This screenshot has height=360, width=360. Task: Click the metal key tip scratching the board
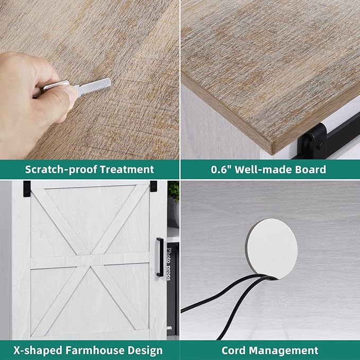coord(108,82)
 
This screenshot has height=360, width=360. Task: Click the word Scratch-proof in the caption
coord(61,170)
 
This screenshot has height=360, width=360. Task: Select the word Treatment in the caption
coord(127,170)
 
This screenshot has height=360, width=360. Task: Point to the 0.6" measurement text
coord(221,170)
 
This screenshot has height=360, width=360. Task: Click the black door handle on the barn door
coord(160,257)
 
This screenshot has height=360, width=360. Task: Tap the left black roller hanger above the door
coord(27,189)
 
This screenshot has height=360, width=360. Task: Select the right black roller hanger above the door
coord(153,186)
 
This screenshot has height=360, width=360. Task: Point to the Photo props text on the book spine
coord(169,264)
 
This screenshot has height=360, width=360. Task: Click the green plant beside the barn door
coord(173,191)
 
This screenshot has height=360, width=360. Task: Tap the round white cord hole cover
coord(272,249)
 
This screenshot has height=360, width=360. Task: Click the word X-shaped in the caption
coord(38,351)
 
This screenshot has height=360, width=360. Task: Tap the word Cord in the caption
coord(234,350)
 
